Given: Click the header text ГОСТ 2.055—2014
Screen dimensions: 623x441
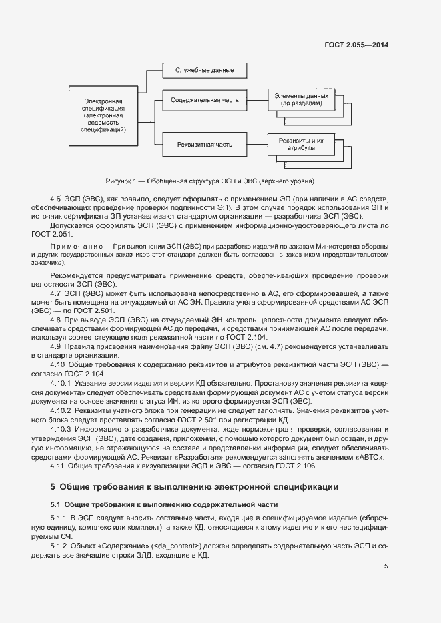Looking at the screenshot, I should (x=356, y=45).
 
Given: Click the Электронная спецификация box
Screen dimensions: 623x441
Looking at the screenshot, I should (x=104, y=115).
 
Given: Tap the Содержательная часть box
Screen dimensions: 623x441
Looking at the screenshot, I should (x=204, y=100).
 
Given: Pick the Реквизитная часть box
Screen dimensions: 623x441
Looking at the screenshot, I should (x=204, y=144).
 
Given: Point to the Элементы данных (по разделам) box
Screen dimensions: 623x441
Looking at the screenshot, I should (x=301, y=100).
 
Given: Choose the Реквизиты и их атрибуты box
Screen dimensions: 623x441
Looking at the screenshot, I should (x=301, y=145).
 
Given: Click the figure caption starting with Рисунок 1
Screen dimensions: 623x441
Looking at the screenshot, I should (x=209, y=181).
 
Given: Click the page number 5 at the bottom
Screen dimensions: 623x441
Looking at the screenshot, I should (x=386, y=566).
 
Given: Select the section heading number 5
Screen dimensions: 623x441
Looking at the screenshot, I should (x=53, y=487).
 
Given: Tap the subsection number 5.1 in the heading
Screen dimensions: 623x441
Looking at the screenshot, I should (x=56, y=503).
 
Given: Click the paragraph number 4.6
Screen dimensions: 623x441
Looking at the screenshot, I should (x=56, y=199).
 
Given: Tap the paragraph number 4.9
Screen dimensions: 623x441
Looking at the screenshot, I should (x=56, y=346).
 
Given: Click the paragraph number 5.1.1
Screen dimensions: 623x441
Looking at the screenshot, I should (x=59, y=518).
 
